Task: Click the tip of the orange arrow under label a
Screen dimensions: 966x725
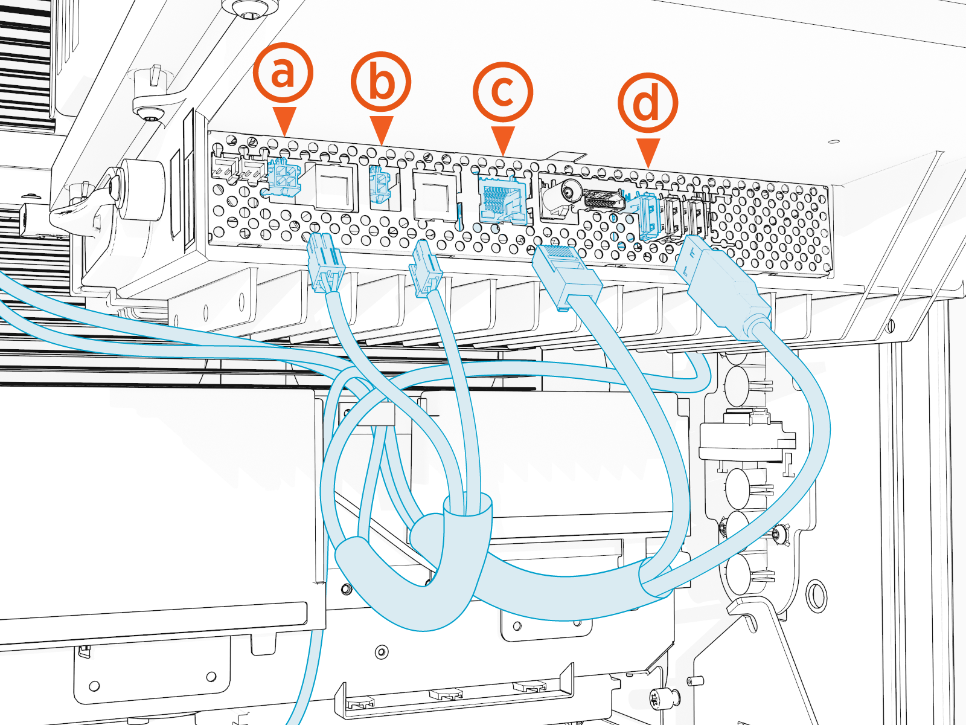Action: pos(284,136)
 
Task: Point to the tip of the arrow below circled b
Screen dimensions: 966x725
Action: pos(381,145)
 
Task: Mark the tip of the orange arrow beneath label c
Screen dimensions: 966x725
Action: pos(503,155)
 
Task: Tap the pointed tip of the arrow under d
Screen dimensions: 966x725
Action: pos(648,168)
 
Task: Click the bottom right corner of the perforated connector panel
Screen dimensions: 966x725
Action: pos(832,277)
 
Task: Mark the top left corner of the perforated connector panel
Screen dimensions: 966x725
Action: pos(209,131)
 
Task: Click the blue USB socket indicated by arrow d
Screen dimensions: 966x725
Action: pos(647,216)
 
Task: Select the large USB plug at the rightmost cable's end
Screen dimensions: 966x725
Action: pos(721,286)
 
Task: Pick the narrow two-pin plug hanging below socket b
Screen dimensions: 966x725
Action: pos(424,268)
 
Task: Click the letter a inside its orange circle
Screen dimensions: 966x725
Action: pos(283,72)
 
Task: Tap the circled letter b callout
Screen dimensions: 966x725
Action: pos(381,82)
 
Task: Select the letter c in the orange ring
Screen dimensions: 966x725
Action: pos(503,92)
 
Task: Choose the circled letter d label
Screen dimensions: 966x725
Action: pos(648,103)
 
